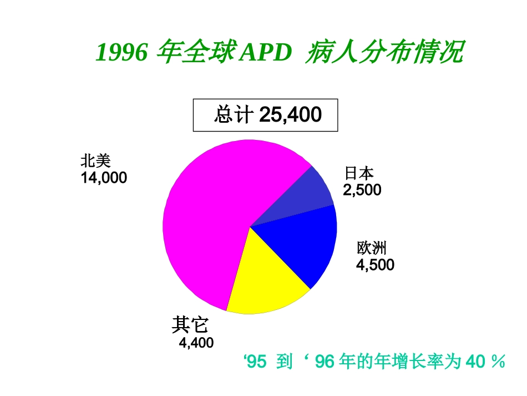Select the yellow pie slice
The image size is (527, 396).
(x=263, y=278)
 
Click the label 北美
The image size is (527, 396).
(x=95, y=161)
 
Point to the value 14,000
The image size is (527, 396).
(x=104, y=178)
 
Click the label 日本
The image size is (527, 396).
(x=358, y=173)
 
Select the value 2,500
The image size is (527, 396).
(x=362, y=190)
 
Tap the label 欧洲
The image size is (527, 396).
(x=372, y=248)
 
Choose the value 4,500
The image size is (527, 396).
(x=375, y=265)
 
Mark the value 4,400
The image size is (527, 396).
(x=196, y=343)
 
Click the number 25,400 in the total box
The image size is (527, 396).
(x=290, y=115)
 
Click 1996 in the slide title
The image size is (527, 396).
(x=121, y=53)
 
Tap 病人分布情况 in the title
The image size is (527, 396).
(x=384, y=53)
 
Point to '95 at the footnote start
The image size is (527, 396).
(x=255, y=362)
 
